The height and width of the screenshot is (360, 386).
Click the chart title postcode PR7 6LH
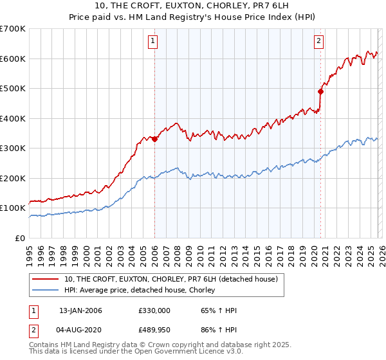click(277, 6)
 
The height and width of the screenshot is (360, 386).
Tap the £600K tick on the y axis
click(13, 59)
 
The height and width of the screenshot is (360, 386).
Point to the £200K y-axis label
click(13, 178)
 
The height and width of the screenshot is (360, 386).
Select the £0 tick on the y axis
click(21, 238)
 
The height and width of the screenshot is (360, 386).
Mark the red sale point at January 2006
click(154, 139)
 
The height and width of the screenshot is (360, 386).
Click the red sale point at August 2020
click(320, 91)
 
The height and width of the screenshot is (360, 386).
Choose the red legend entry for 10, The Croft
click(170, 279)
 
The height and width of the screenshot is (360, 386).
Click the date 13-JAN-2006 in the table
click(80, 310)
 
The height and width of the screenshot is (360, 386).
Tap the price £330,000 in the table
click(154, 310)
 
